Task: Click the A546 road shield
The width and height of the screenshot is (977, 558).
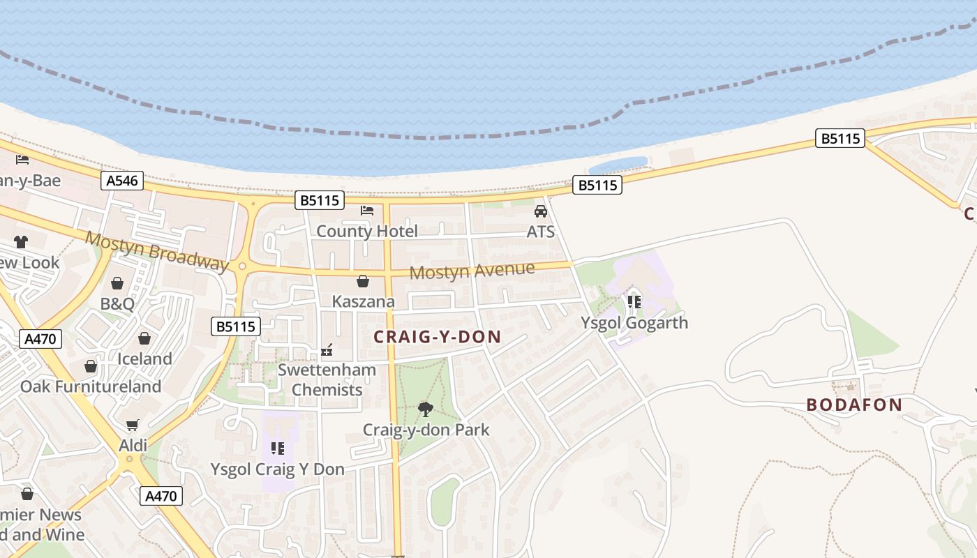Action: tap(122, 181)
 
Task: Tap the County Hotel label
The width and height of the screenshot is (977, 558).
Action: tap(367, 231)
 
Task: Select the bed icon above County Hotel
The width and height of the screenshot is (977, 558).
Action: tap(367, 210)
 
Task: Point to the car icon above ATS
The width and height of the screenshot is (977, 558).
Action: tap(541, 211)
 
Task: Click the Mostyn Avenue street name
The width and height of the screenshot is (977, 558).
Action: tap(472, 270)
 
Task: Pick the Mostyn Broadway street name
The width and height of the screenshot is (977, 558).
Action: tap(157, 250)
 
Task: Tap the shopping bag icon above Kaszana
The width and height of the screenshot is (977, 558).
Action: tap(363, 281)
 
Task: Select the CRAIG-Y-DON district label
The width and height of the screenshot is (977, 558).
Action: tap(438, 337)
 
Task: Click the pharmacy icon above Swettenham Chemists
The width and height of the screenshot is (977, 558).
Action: tap(327, 350)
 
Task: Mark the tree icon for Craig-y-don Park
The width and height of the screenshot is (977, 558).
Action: tap(425, 409)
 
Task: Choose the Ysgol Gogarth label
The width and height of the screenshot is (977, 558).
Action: tap(634, 322)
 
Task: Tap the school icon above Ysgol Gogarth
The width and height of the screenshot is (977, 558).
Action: tap(634, 301)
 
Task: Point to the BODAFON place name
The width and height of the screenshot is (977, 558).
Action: tap(854, 405)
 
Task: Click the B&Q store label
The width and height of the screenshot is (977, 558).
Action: tap(117, 303)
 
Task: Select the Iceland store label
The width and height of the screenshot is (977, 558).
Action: tap(144, 359)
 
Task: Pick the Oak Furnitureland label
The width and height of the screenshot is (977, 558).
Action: tap(91, 386)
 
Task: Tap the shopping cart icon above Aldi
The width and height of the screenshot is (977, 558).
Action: tap(133, 425)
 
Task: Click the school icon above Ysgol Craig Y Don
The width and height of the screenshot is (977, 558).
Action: tap(278, 448)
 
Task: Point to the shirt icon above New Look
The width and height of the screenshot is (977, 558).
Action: tap(20, 242)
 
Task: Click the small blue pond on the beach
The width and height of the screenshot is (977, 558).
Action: tap(618, 165)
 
